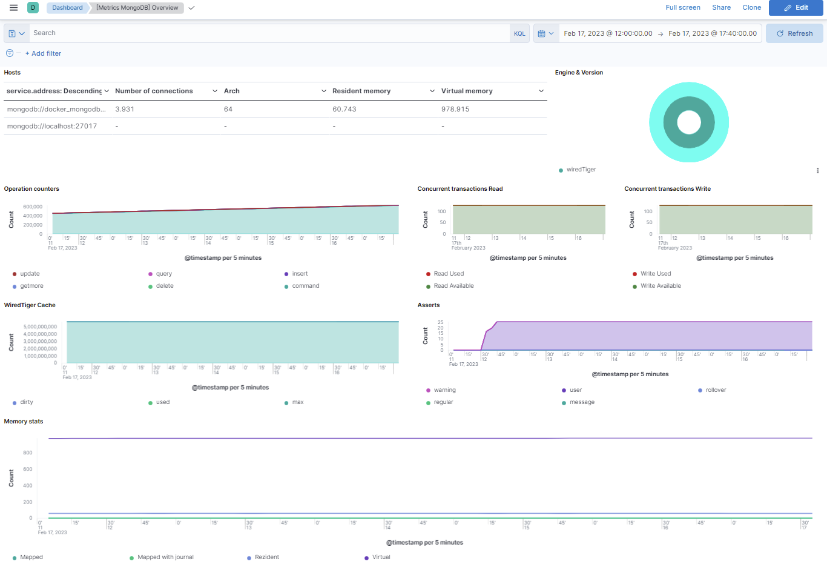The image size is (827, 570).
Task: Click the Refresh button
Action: pyautogui.click(x=794, y=33)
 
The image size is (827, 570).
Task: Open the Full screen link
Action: pyautogui.click(x=682, y=7)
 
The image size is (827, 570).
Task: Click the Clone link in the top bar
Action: pyautogui.click(x=751, y=7)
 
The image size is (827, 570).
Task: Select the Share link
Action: pyautogui.click(x=721, y=7)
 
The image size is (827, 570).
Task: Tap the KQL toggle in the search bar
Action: pyautogui.click(x=519, y=33)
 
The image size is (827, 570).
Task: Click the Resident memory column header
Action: pyautogui.click(x=361, y=91)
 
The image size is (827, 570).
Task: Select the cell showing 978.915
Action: pyautogui.click(x=455, y=109)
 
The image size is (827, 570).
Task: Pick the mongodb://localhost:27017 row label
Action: pyautogui.click(x=52, y=126)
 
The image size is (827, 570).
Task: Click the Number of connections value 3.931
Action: pyautogui.click(x=125, y=109)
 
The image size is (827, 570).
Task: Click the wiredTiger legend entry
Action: pyautogui.click(x=581, y=170)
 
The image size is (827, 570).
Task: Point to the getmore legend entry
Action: pyautogui.click(x=31, y=286)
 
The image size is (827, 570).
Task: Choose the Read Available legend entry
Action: pyautogui.click(x=453, y=286)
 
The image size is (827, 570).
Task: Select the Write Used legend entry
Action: pyautogui.click(x=655, y=274)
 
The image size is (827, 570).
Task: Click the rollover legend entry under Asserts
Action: pyautogui.click(x=715, y=390)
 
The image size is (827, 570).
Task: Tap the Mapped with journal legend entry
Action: pyautogui.click(x=165, y=557)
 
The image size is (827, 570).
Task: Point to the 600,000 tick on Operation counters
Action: pyautogui.click(x=33, y=207)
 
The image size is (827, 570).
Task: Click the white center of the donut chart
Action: pyautogui.click(x=689, y=122)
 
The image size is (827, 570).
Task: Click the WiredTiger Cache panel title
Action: pyautogui.click(x=30, y=305)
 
